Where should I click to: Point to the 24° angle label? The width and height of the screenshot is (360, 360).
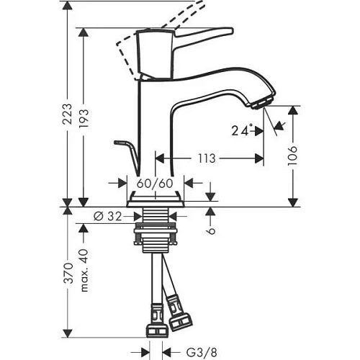click(242, 131)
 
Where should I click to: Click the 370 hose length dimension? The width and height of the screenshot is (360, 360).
click(68, 274)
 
